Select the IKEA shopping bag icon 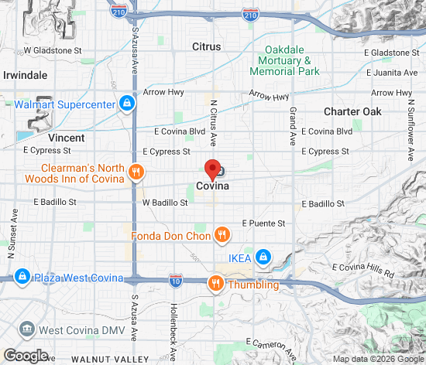point(263,256)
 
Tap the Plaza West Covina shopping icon point(21,277)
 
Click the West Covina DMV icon point(28,330)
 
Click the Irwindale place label point(26,75)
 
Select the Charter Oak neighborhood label point(352,111)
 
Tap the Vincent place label point(66,137)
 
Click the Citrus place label point(207,46)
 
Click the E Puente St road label point(263,223)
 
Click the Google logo point(26,355)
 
